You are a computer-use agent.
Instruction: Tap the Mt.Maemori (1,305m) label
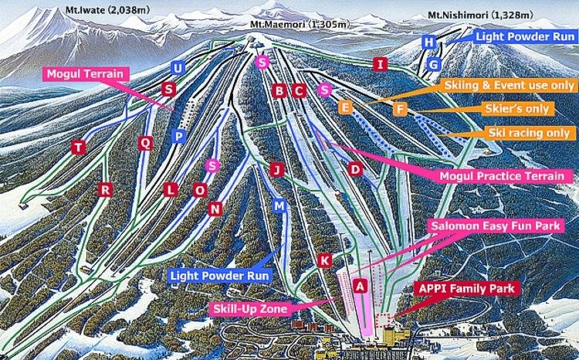point(296,25)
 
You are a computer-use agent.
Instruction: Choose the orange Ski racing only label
point(529,133)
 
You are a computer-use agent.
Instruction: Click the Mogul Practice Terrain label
point(501,176)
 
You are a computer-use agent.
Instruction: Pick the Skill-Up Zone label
point(249,309)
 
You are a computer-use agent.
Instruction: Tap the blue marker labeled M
point(279,205)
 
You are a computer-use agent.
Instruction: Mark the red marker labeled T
point(77,147)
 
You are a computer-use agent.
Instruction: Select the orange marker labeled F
point(399,109)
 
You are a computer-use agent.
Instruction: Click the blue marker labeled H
point(430,42)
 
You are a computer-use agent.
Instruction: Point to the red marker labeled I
point(379,64)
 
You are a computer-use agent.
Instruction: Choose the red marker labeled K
point(325,260)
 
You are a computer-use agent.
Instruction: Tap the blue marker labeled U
point(178,69)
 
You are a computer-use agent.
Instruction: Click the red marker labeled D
point(355,168)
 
